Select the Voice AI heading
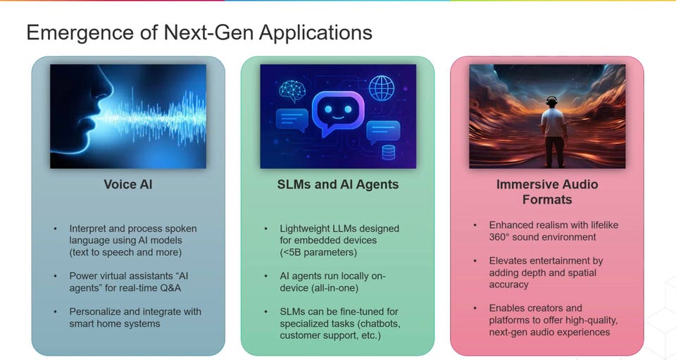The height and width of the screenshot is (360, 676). [x=127, y=185]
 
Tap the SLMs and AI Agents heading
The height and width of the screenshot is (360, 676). [x=338, y=185]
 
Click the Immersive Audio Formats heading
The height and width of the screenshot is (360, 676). [x=546, y=192]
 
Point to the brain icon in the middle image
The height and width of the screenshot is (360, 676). [x=291, y=91]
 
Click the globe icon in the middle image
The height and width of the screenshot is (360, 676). [x=381, y=89]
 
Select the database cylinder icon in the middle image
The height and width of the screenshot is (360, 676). [x=388, y=152]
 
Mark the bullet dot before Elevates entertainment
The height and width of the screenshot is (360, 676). [x=477, y=261]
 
